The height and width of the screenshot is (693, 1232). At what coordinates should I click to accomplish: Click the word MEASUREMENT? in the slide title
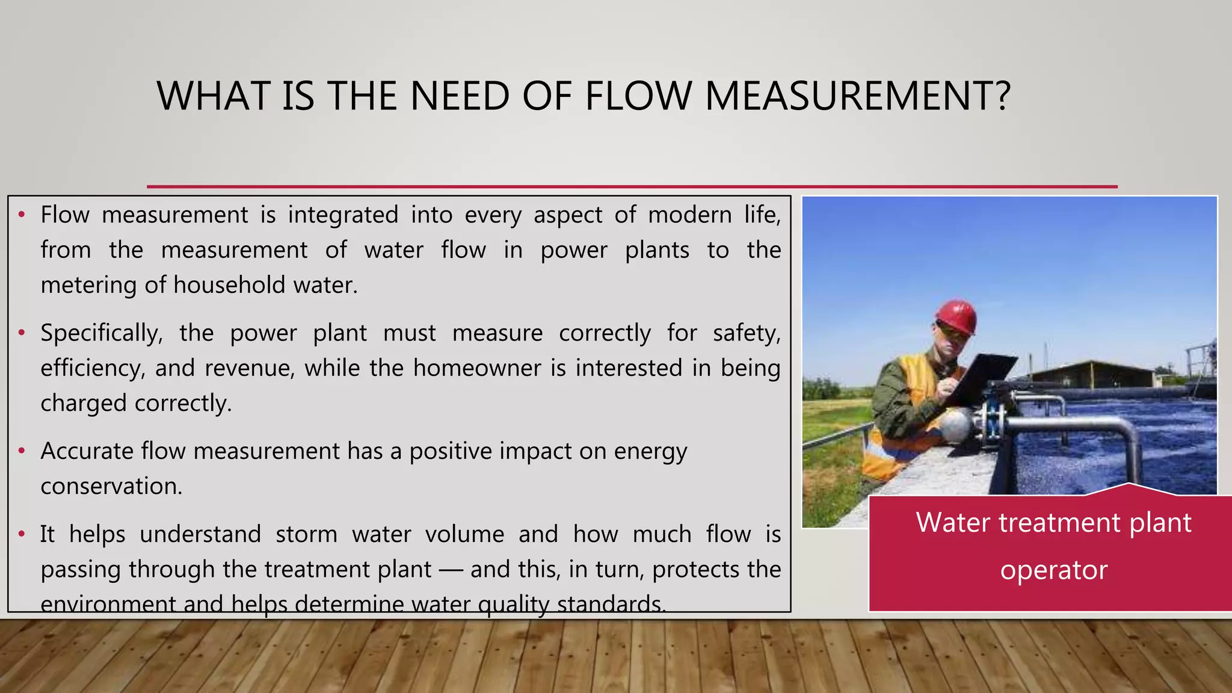[x=857, y=96]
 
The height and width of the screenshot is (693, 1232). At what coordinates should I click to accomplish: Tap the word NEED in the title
[x=460, y=96]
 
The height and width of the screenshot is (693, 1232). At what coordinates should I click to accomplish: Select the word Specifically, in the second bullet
[x=102, y=333]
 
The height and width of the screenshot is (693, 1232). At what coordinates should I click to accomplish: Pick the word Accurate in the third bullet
[x=87, y=451]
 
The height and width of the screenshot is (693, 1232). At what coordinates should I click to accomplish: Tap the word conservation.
[x=111, y=486]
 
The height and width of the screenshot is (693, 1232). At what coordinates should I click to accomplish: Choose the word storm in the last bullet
[x=306, y=534]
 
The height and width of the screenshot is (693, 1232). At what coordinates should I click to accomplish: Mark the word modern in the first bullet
[x=689, y=215]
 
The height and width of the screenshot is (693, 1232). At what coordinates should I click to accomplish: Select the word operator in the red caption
[x=1053, y=570]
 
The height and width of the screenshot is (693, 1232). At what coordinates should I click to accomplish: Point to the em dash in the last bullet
[x=451, y=570]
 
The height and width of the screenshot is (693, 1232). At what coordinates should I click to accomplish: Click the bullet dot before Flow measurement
[x=22, y=214]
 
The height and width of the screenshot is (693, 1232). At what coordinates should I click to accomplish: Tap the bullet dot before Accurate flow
[x=22, y=451]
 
